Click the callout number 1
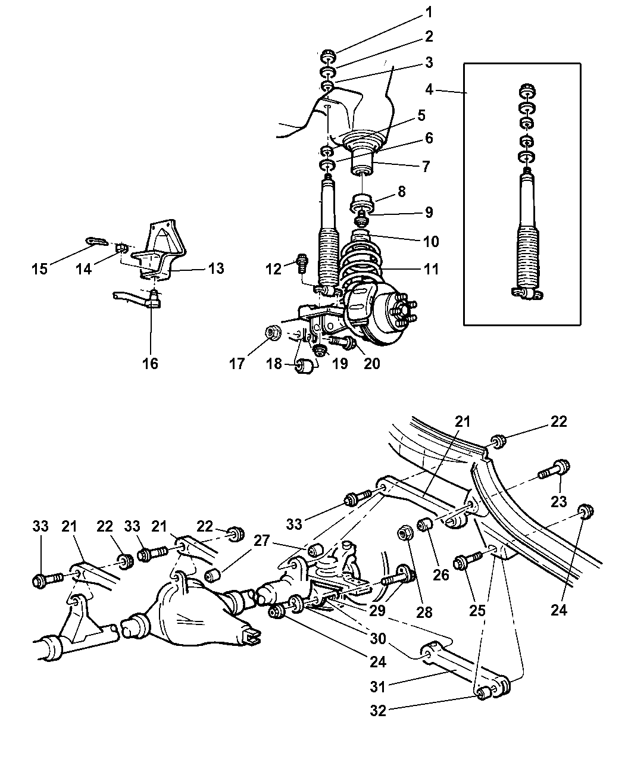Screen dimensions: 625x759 coord(429,13)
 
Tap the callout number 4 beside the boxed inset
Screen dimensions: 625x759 coord(429,89)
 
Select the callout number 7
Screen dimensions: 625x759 coord(426,167)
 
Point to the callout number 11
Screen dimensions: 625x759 coord(431,269)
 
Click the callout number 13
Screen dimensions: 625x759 coord(216,268)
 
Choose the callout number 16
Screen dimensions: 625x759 coord(150,363)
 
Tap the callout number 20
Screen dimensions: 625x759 coord(371,363)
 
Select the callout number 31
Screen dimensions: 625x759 coord(377,686)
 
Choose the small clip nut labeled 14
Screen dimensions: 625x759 coord(121,249)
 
